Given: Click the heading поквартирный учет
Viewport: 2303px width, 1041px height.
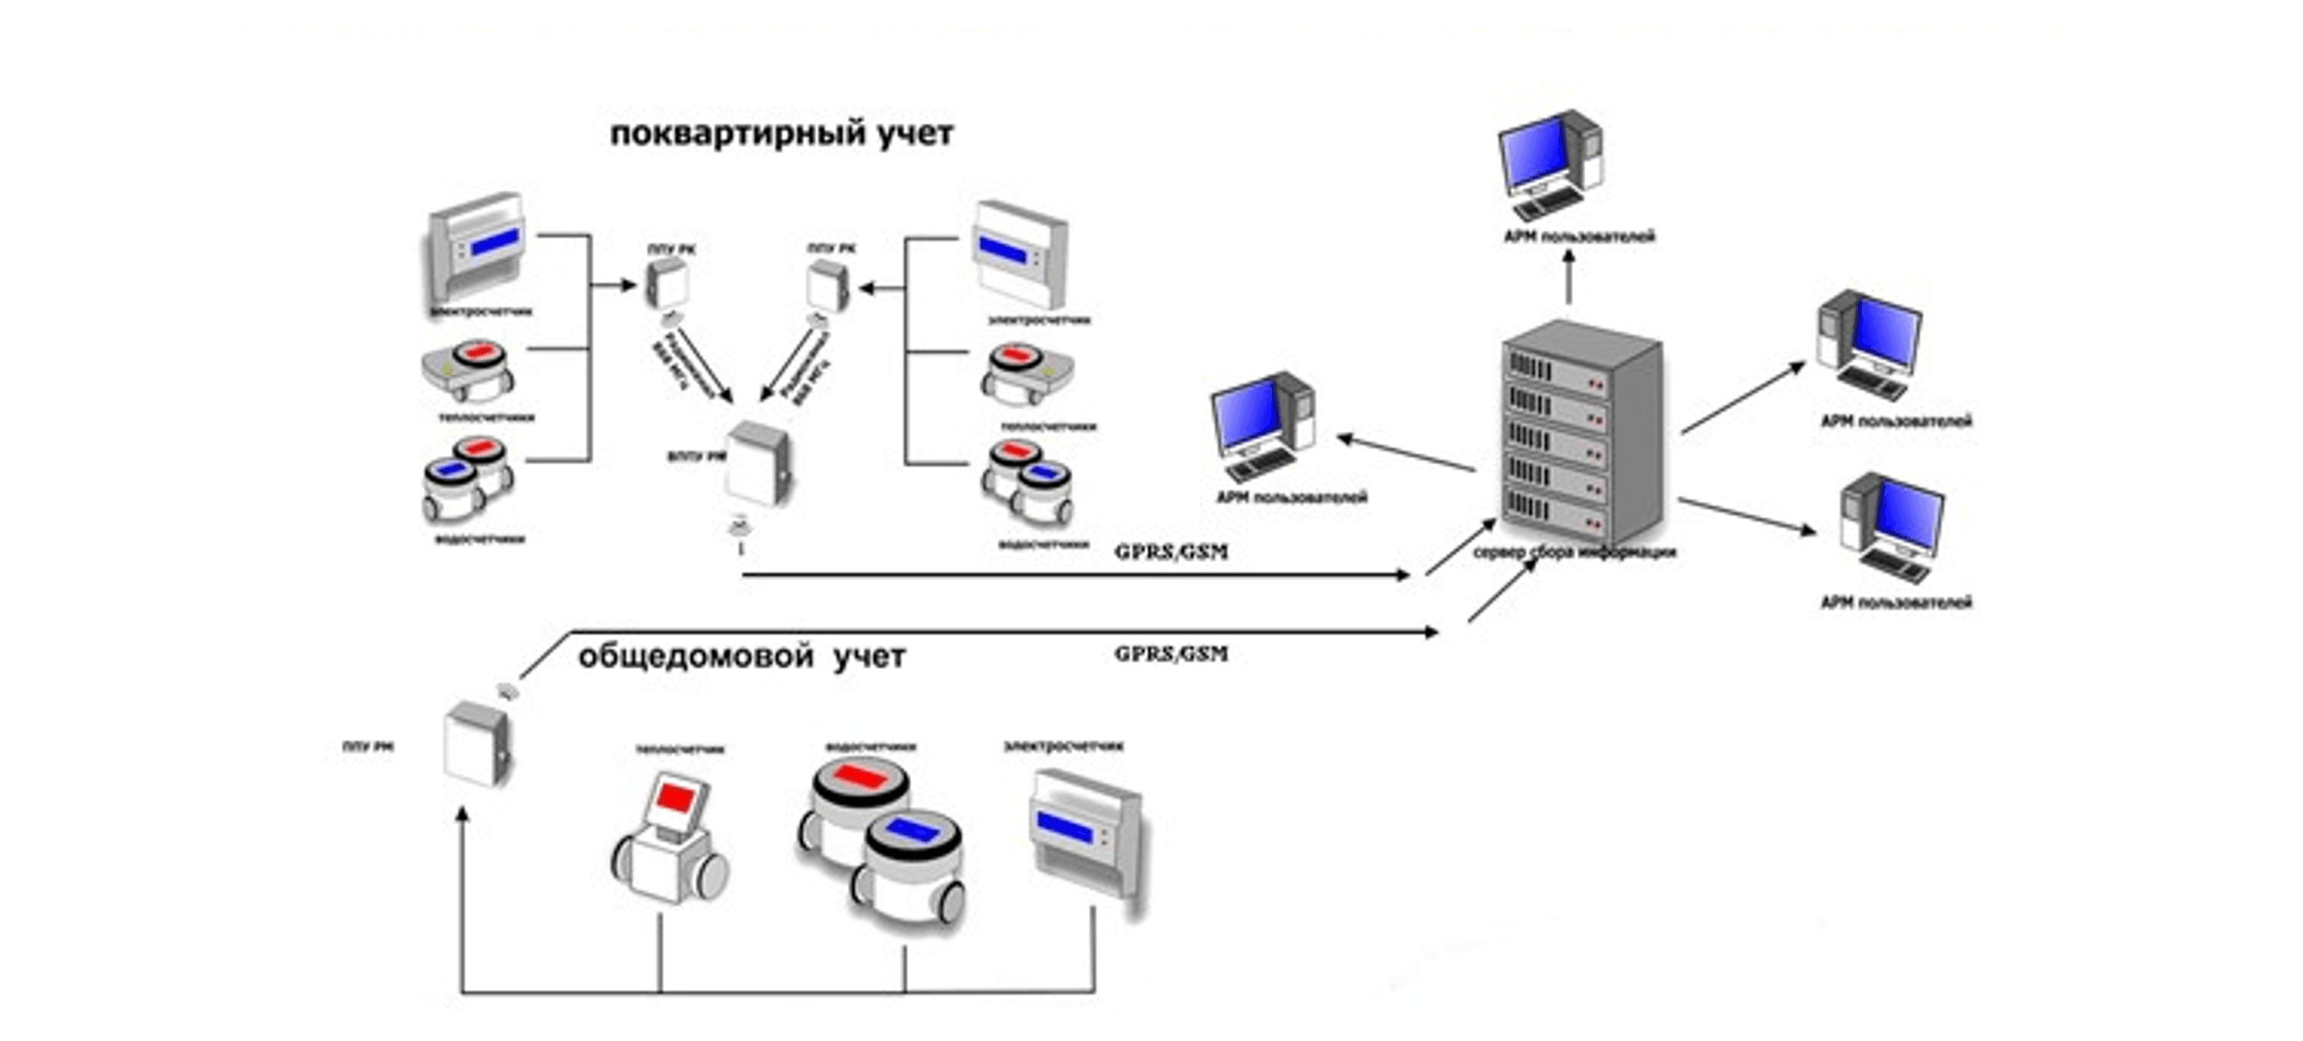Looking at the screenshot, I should coord(781,134).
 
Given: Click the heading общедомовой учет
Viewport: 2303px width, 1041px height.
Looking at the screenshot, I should coord(741,657).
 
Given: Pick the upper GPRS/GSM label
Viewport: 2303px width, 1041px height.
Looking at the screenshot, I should coord(1170,552).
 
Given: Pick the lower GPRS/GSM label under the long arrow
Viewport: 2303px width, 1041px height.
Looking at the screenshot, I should coord(1170,654).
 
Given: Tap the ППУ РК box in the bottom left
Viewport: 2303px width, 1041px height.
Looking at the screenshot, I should coord(477,744).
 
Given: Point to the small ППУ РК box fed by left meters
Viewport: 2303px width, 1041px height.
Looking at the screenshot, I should coord(668,284).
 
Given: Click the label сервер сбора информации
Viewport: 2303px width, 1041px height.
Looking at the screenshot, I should coord(1574,554).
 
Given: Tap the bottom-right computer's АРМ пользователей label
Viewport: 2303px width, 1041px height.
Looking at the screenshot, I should coord(1895,603).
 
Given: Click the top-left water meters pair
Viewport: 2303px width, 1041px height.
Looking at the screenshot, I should coord(468,481).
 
